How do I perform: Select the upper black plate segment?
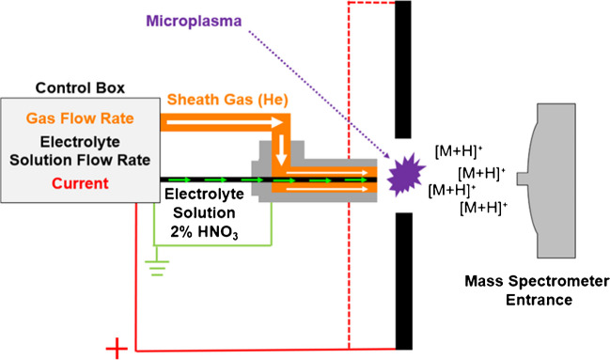pos(403,70)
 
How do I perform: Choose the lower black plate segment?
pos(403,282)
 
